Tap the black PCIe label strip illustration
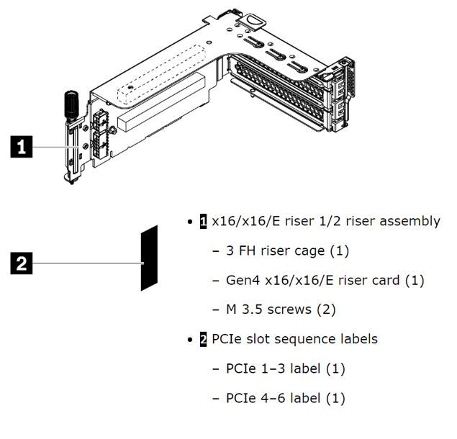click(x=149, y=257)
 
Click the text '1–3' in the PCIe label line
click(x=271, y=368)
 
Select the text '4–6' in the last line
click(x=271, y=398)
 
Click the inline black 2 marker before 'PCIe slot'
click(x=204, y=339)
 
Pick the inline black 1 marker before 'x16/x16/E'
click(x=204, y=221)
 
